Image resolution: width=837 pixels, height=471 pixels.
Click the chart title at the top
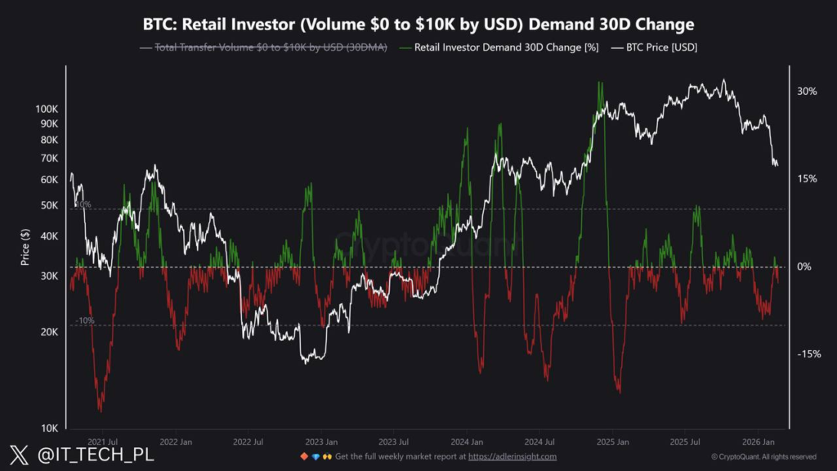click(418, 25)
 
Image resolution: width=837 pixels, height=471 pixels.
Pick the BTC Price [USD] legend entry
click(658, 48)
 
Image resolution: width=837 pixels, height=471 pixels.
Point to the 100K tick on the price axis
click(47, 109)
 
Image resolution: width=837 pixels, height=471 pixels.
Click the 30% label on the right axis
click(807, 92)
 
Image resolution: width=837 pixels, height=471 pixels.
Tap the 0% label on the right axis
click(804, 267)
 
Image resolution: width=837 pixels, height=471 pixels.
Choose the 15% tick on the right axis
click(807, 179)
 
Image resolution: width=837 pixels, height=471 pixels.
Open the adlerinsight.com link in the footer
click(512, 456)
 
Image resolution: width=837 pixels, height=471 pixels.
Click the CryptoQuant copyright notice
click(763, 456)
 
